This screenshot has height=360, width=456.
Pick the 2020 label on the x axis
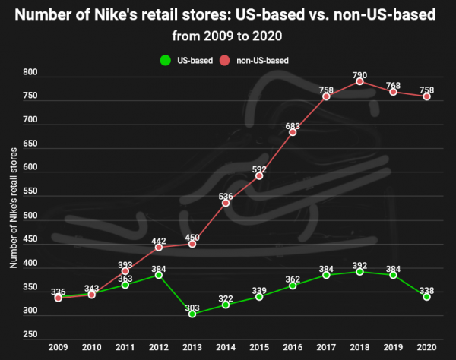[x=426, y=346]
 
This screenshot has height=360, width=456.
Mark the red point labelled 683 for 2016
[x=293, y=132]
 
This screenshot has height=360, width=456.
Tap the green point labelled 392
[x=359, y=271]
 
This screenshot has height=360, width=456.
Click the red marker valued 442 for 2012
[x=159, y=247]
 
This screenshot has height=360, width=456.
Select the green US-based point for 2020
[x=426, y=297]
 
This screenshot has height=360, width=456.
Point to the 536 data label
[x=226, y=197]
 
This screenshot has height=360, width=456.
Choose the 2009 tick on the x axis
[x=59, y=346]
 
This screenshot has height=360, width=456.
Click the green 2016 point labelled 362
[x=293, y=286]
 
